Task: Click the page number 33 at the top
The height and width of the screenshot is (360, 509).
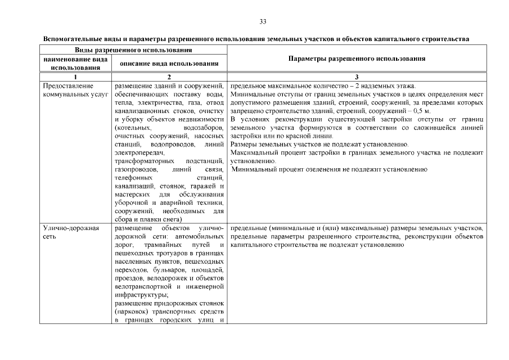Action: pos(263,22)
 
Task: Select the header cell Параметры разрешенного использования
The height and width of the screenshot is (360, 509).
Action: pos(357,58)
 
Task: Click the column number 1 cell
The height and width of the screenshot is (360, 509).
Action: pos(75,76)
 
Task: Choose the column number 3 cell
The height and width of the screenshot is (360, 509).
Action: pos(357,76)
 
